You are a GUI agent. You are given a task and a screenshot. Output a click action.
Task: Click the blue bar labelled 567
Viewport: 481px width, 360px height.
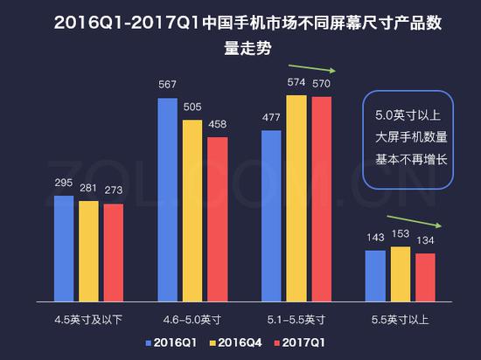coord(169,197)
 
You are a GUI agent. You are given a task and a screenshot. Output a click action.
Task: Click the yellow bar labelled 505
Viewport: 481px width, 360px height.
coord(193,209)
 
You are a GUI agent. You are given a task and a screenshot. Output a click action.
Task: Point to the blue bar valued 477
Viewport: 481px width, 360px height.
coord(272,213)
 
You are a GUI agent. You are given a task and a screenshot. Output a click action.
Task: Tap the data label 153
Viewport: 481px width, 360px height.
coord(401,237)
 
